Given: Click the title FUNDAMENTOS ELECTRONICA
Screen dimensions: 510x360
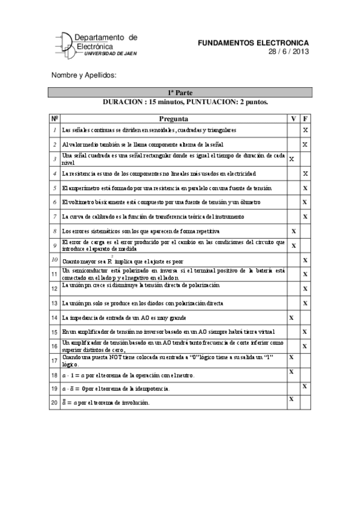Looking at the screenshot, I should point(253,43).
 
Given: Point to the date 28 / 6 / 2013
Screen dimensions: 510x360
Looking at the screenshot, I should point(289,52).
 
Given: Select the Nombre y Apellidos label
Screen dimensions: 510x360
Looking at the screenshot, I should point(83,75).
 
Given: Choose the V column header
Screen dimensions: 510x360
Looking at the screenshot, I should point(293,118).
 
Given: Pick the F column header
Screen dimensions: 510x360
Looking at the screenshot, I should point(305,118).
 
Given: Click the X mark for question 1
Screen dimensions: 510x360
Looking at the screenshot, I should point(305,131).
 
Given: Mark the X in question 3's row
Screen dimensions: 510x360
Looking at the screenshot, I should point(292,159).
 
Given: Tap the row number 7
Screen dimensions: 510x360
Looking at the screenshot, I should point(55,217).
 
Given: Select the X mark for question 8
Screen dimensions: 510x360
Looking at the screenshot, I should point(293,231).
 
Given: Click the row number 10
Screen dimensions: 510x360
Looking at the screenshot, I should point(55,260).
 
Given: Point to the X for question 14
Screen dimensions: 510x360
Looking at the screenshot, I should point(292,317).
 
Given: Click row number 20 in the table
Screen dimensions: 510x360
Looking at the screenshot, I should point(55,402).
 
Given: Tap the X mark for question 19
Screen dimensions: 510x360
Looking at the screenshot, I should point(305,386).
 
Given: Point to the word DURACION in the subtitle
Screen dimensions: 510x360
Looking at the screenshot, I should point(123,102).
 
